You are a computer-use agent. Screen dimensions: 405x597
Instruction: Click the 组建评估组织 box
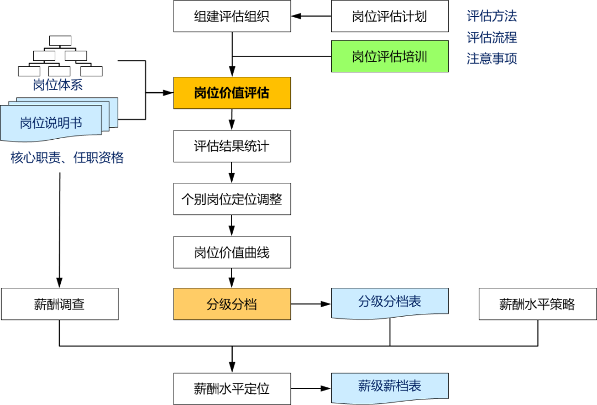click(232, 16)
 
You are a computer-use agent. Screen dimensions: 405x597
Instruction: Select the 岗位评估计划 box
click(389, 16)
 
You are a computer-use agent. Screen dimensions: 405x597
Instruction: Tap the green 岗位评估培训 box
click(389, 56)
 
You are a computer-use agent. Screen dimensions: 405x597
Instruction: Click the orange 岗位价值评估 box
click(232, 93)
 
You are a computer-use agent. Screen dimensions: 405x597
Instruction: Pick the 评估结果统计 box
click(232, 146)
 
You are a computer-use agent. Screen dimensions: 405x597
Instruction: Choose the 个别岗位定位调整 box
click(232, 199)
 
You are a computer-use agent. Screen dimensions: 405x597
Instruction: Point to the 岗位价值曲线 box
click(232, 253)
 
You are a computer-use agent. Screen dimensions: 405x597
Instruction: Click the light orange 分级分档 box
click(232, 304)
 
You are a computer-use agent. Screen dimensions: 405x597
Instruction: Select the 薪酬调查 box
click(59, 304)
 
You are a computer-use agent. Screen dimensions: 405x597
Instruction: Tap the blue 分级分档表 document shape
click(389, 302)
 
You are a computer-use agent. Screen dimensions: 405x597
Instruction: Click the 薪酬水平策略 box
click(537, 304)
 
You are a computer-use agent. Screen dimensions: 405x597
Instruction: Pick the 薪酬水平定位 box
click(232, 388)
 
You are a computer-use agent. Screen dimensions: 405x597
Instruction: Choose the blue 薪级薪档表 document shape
click(389, 386)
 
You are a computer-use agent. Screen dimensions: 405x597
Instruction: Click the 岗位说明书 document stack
click(51, 123)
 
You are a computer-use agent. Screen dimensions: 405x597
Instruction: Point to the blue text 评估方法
click(491, 17)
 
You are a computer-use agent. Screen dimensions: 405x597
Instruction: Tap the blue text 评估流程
click(491, 38)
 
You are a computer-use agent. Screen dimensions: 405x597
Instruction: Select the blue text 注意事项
click(491, 59)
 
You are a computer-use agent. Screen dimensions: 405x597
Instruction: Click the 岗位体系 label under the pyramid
click(57, 85)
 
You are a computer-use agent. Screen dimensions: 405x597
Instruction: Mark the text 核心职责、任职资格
click(67, 158)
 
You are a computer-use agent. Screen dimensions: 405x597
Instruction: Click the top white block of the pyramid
click(60, 40)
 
